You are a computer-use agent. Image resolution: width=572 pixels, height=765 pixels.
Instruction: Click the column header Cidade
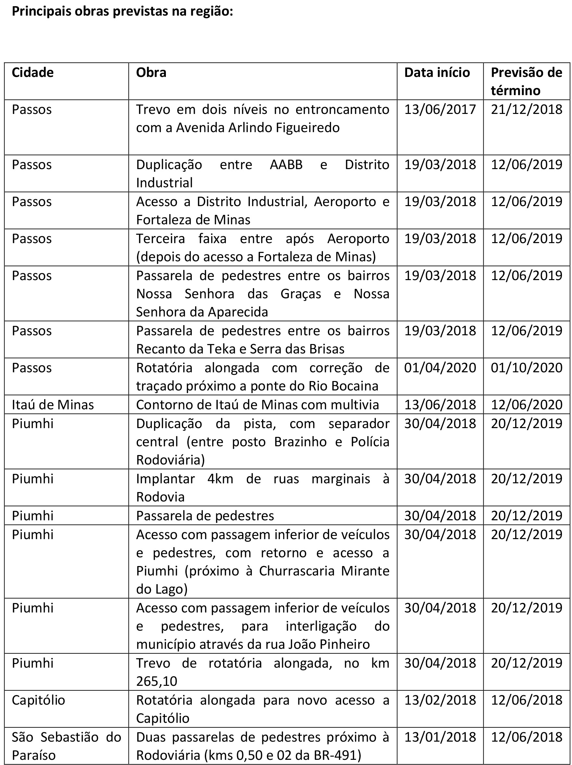[32, 73]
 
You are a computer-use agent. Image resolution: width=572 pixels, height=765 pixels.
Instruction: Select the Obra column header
[151, 73]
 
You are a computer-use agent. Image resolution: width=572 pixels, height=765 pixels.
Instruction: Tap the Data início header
[437, 73]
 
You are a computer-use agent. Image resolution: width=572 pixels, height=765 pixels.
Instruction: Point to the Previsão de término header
[526, 81]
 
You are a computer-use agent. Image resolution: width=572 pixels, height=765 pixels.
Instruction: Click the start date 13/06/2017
[440, 110]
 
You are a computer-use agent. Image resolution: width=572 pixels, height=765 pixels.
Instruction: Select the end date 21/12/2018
[526, 110]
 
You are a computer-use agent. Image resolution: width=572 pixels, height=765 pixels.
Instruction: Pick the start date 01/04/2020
[440, 368]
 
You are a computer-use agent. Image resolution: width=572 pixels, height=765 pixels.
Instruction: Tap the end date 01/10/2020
[526, 368]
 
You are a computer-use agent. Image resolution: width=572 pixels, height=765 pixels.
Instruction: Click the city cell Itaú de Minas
[53, 405]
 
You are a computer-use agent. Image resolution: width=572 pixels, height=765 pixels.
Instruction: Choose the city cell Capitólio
[38, 700]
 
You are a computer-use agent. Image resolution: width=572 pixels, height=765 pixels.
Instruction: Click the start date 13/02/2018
[440, 700]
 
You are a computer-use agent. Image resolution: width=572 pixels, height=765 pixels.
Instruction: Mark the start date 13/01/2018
[440, 737]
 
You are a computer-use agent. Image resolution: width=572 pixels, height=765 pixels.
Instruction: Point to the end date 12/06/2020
[526, 405]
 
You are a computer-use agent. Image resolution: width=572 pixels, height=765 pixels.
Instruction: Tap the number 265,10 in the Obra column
[157, 681]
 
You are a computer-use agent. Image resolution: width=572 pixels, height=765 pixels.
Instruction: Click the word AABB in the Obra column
[286, 165]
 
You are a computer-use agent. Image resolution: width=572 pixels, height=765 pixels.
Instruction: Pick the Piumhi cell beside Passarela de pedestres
[32, 516]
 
